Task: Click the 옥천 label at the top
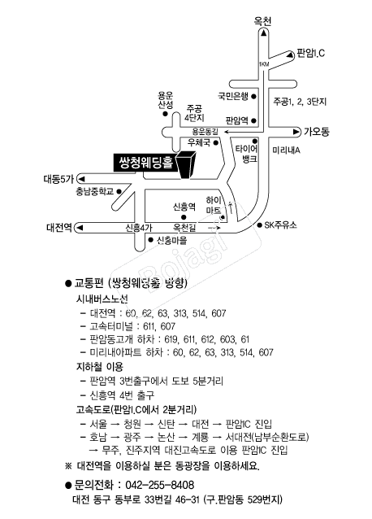point(262,21)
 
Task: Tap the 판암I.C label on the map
point(310,53)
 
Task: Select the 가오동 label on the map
point(317,132)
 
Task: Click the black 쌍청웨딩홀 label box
point(145,162)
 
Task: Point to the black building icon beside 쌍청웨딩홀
point(187,165)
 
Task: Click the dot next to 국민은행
point(254,97)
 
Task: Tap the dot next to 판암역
point(254,120)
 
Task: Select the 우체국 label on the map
point(198,142)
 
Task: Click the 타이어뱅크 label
point(246,154)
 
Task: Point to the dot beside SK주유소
point(260,225)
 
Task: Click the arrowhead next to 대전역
point(80,228)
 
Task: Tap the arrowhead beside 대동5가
point(81,180)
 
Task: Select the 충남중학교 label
point(95,191)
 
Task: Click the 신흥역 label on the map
point(184,207)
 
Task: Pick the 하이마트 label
point(214,205)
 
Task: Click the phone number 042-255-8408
point(159,485)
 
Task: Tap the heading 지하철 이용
point(100,367)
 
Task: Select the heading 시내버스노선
point(102,299)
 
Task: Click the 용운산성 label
point(165,101)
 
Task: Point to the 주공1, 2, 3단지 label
point(300,102)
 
